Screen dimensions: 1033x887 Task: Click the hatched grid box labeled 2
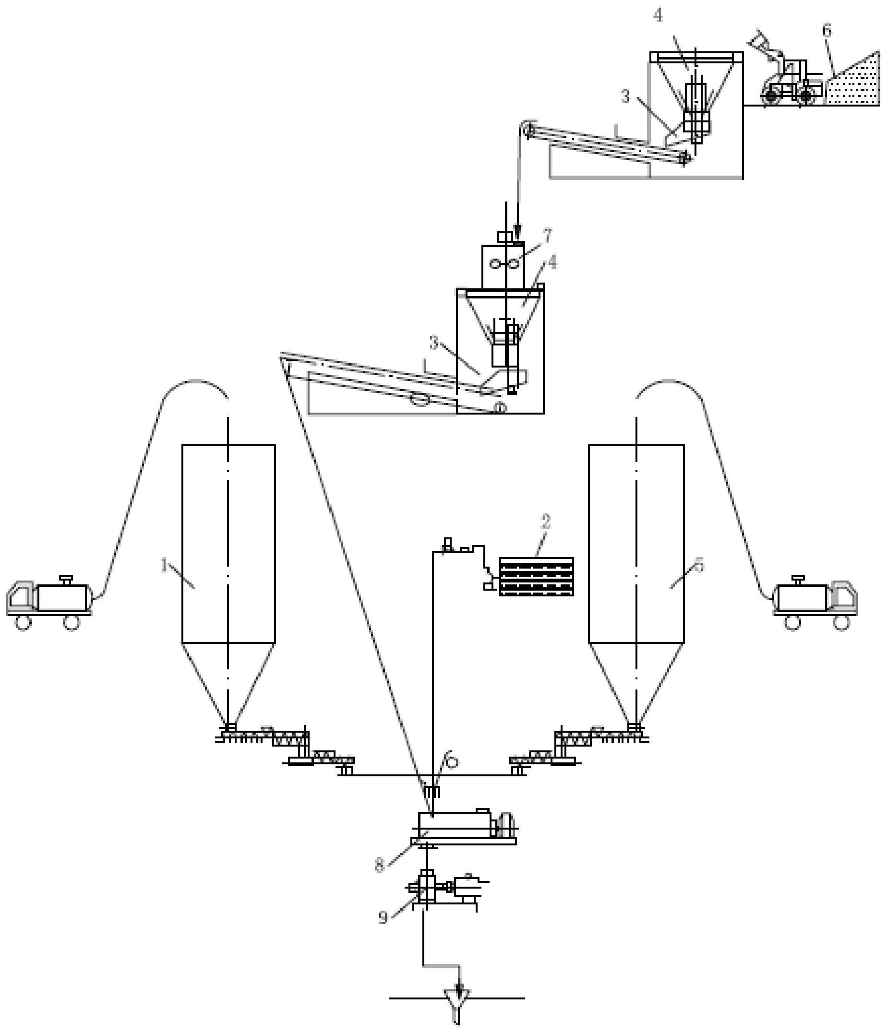pyautogui.click(x=536, y=576)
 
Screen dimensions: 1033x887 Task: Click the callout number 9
pyautogui.click(x=383, y=918)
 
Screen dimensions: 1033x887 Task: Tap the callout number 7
pyautogui.click(x=548, y=236)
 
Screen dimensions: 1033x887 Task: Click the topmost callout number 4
pyautogui.click(x=659, y=16)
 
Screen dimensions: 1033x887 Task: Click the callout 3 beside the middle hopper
pyautogui.click(x=434, y=344)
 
